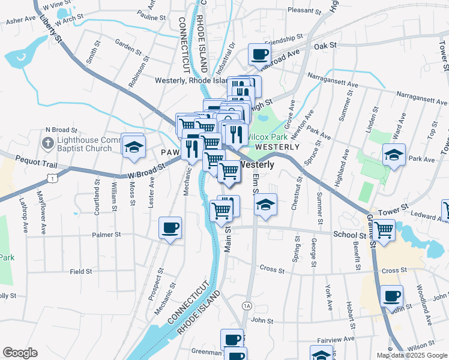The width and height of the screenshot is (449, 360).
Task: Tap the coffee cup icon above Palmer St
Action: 170,229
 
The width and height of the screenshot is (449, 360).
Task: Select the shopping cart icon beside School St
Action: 384,229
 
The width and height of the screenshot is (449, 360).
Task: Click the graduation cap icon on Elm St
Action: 265,205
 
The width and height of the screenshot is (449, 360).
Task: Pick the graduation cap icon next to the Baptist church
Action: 133,146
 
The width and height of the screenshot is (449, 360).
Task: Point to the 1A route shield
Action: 246,306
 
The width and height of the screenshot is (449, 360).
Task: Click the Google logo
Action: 20,353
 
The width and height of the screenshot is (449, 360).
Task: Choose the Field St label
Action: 80,271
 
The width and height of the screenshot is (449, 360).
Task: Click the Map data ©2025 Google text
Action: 411,355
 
